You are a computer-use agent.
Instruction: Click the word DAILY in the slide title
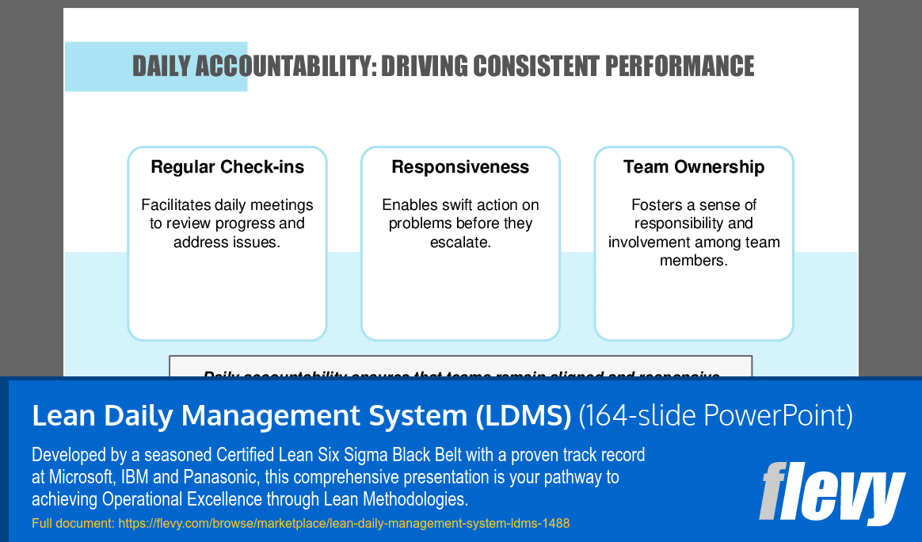(161, 67)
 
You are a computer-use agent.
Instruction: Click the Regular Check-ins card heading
(227, 167)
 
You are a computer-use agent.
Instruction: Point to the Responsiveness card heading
(460, 167)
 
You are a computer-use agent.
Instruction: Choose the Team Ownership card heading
(694, 167)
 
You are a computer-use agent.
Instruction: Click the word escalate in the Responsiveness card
(460, 242)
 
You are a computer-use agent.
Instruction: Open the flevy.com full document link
(344, 524)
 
